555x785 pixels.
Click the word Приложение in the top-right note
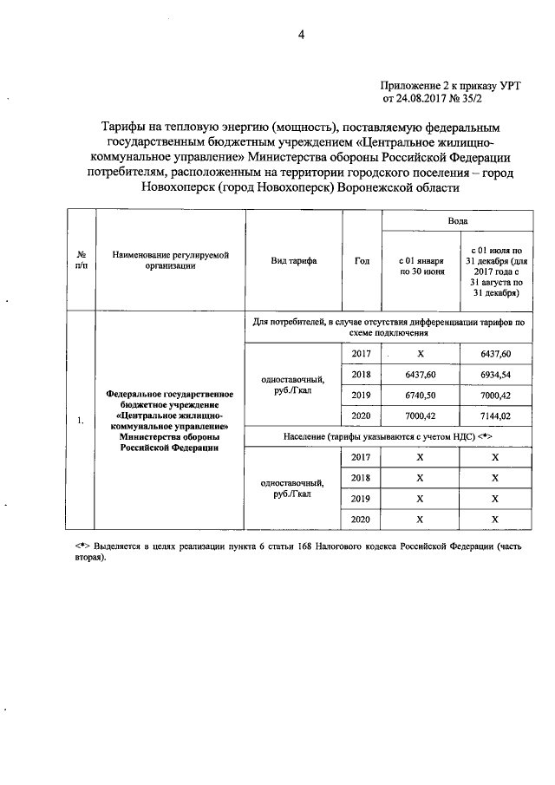pos(408,85)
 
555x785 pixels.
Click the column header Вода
pos(457,221)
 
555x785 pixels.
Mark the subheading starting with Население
pos(388,435)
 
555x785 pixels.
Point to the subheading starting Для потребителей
pos(388,327)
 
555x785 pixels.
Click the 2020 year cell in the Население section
pos(362,518)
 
